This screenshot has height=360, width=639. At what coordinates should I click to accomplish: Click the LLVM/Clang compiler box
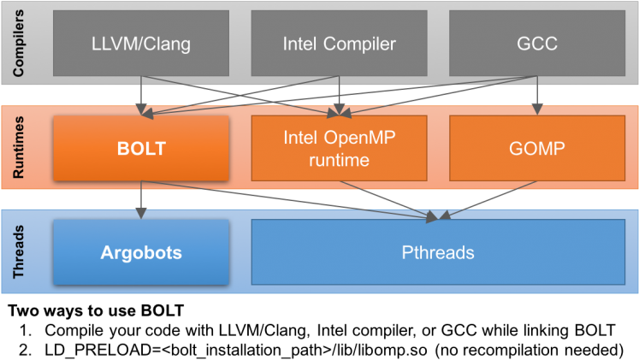tap(141, 43)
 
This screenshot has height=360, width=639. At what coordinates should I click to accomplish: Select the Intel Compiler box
tap(339, 43)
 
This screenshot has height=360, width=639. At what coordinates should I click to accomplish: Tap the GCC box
tap(536, 43)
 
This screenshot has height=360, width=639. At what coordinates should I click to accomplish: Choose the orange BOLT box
tap(141, 148)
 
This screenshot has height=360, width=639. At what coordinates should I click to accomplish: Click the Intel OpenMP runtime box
tap(339, 148)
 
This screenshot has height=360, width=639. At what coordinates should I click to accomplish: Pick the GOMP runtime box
tap(536, 148)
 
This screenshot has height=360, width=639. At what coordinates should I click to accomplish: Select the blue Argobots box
tap(141, 252)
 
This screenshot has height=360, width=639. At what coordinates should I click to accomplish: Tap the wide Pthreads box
tap(437, 252)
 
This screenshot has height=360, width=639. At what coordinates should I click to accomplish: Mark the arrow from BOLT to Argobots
tap(141, 199)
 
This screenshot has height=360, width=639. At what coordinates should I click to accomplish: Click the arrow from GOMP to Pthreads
tap(488, 200)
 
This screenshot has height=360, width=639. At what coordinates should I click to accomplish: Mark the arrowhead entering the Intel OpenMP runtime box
tap(340, 111)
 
